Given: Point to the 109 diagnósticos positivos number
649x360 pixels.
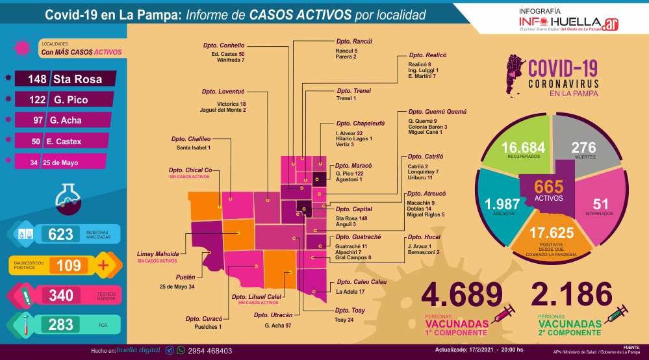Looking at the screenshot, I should click(x=68, y=265).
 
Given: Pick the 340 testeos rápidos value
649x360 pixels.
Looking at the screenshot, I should click(x=61, y=296).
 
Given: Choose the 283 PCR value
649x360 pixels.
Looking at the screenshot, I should click(x=61, y=324).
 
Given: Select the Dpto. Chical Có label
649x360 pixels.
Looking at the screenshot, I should click(x=190, y=170).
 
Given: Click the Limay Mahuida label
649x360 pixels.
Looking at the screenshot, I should click(x=158, y=253).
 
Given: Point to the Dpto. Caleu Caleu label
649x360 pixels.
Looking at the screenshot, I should click(x=362, y=282).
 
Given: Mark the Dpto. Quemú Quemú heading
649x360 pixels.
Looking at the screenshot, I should click(x=437, y=112).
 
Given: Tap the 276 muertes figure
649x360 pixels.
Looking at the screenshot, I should click(x=583, y=148).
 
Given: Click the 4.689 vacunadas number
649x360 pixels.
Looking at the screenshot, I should click(x=462, y=294).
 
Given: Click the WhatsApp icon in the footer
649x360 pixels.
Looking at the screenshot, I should click(x=181, y=350).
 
